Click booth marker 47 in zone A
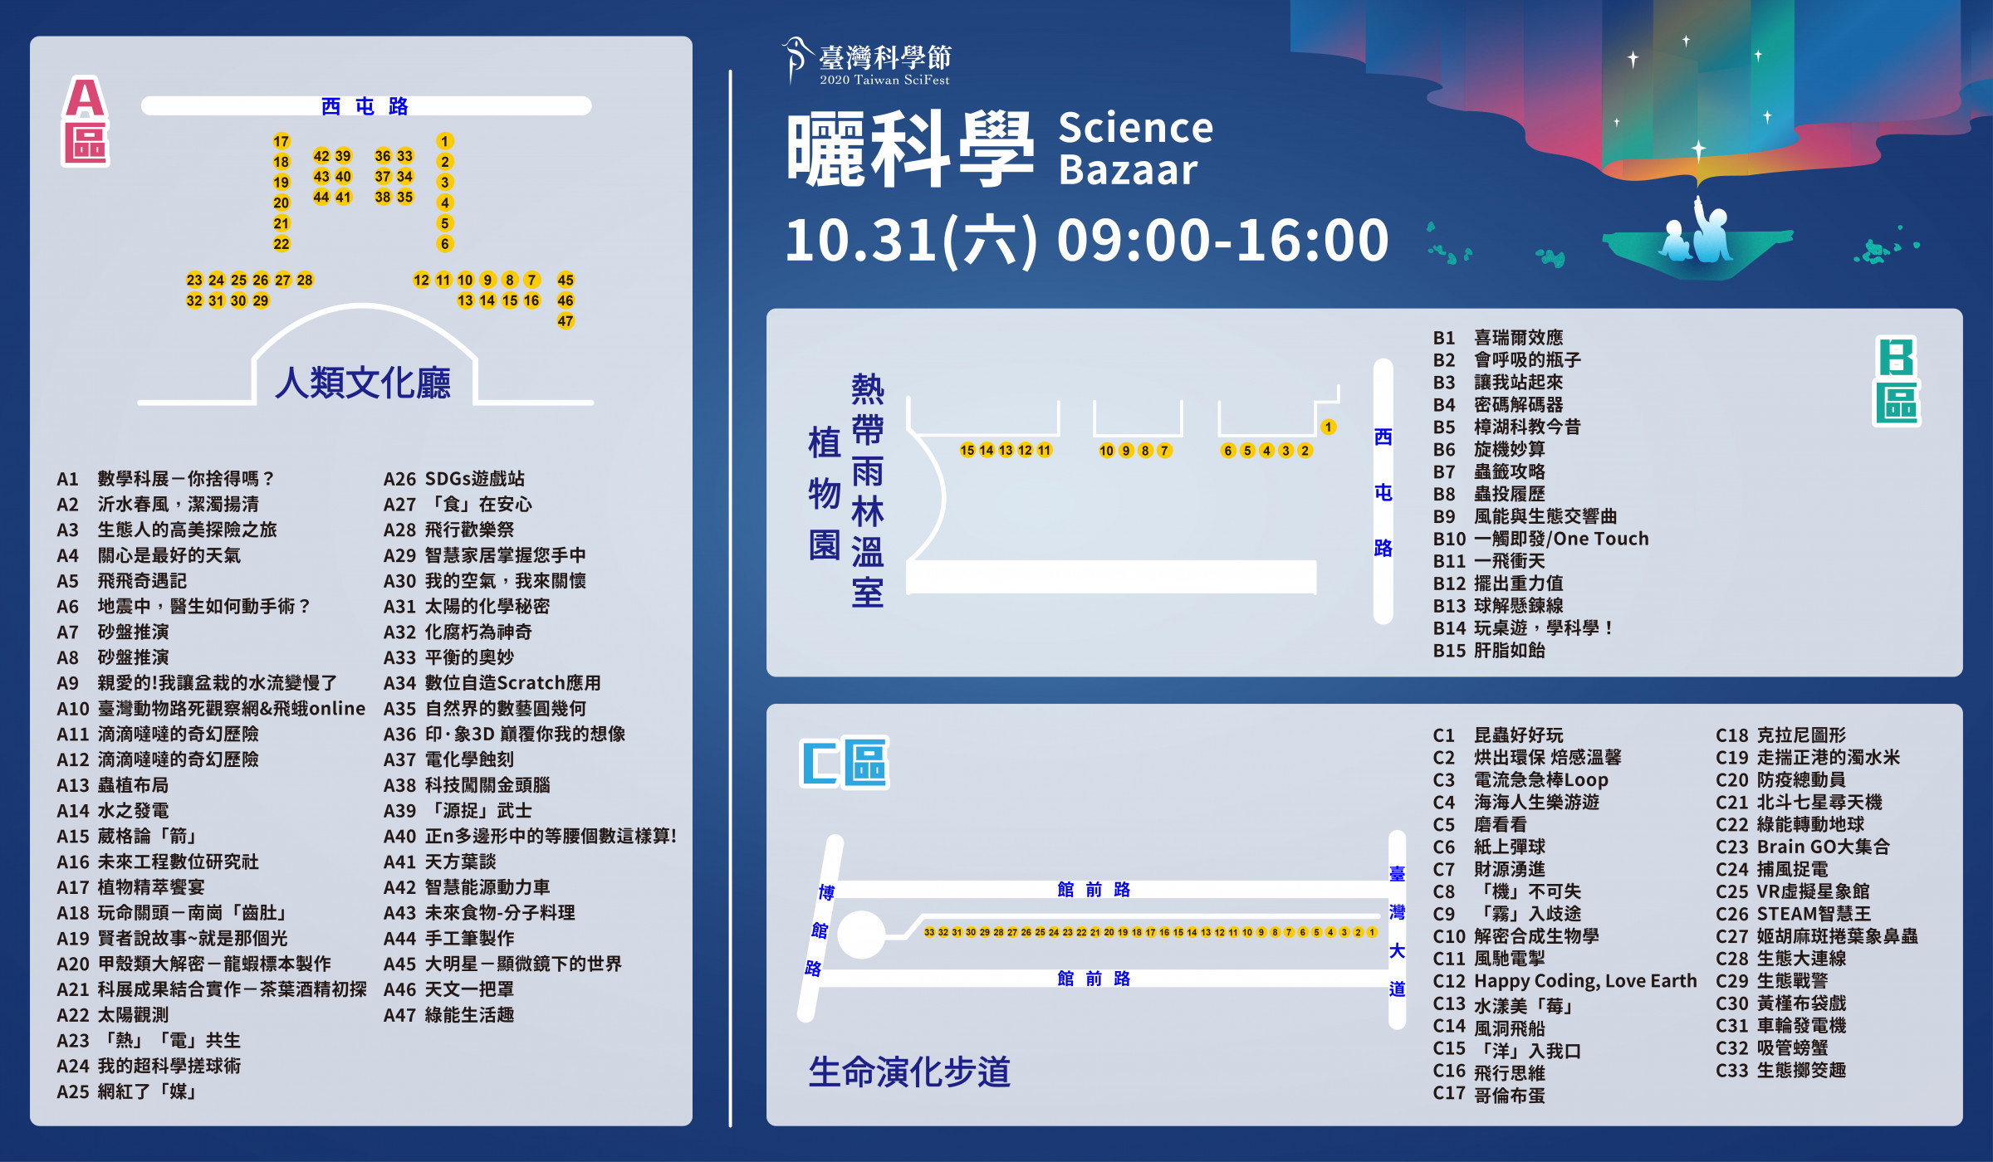(x=566, y=321)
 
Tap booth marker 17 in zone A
(x=282, y=141)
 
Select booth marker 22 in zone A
(x=282, y=244)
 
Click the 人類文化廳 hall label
(x=363, y=383)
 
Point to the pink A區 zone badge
(x=86, y=121)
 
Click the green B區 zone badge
(x=1898, y=381)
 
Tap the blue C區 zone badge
(x=844, y=762)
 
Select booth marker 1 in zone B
(x=1329, y=427)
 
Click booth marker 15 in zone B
(x=967, y=450)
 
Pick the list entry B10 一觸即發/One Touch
(x=1540, y=539)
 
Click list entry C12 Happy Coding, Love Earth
(x=1565, y=981)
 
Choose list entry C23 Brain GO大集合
(x=1802, y=847)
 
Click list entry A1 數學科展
(x=165, y=479)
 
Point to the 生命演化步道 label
(x=909, y=1072)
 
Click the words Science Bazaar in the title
(x=1135, y=149)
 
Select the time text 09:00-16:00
(x=1222, y=240)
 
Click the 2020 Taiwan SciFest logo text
(x=884, y=81)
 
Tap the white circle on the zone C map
(x=861, y=935)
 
